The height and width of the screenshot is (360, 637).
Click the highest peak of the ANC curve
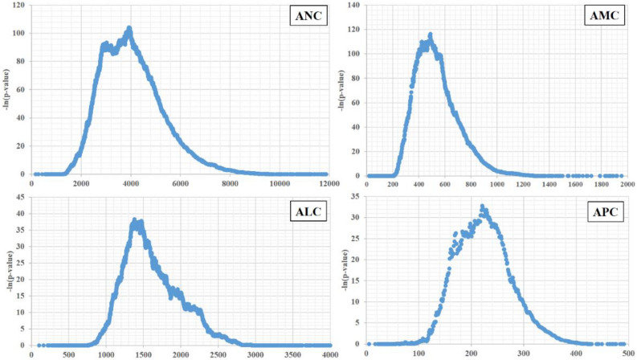pos(129,28)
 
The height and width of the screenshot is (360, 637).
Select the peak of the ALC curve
pos(135,219)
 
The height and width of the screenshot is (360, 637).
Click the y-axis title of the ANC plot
pos(7,89)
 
